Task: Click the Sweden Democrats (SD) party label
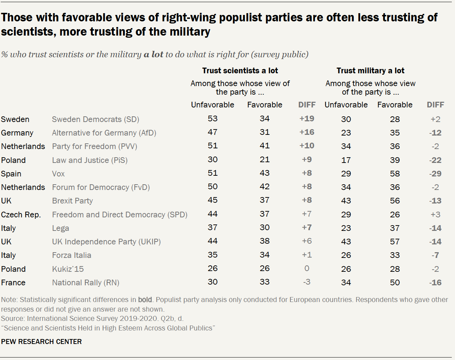(x=95, y=119)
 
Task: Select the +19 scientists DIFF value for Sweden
(x=306, y=119)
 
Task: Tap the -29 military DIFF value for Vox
(x=435, y=174)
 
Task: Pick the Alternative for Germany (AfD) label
(x=104, y=133)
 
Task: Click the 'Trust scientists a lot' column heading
(x=240, y=70)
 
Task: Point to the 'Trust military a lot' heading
(x=370, y=70)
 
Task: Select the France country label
(x=13, y=282)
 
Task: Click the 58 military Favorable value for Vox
(x=395, y=174)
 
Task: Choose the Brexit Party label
(x=72, y=201)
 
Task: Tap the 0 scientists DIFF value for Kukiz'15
(x=306, y=269)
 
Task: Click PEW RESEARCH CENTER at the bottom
(x=41, y=342)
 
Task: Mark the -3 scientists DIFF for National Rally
(x=306, y=282)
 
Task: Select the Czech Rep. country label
(x=21, y=215)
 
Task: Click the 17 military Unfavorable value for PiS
(x=346, y=160)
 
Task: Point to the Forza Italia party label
(x=71, y=255)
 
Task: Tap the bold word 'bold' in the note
(x=145, y=300)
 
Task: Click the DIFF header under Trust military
(x=435, y=105)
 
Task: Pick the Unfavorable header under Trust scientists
(x=212, y=105)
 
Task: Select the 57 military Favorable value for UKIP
(x=395, y=242)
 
